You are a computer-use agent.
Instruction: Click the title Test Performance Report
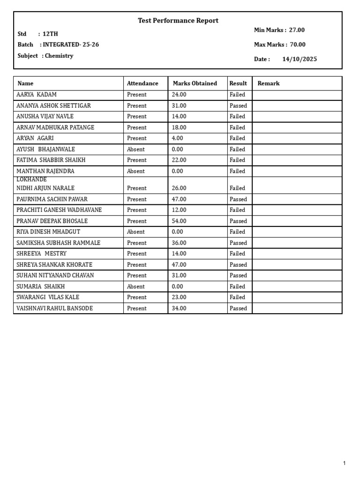point(178,21)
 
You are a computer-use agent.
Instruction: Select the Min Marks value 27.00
point(297,30)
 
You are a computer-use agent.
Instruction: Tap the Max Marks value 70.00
point(297,45)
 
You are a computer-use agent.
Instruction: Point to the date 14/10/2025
point(300,59)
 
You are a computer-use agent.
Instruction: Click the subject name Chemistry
point(59,56)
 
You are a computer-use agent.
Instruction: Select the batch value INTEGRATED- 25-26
point(71,45)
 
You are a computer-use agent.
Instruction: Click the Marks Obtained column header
point(195,83)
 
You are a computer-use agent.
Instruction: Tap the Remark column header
point(268,83)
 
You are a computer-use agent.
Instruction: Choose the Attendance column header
point(142,83)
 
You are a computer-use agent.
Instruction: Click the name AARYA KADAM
point(37,95)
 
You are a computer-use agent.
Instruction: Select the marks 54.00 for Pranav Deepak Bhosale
point(179,221)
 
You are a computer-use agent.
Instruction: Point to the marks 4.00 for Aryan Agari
point(178,138)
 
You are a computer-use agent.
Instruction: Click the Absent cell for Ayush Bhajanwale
point(136,150)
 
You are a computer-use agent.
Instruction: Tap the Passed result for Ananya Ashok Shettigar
point(238,106)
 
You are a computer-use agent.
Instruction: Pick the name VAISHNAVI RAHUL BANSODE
point(54,308)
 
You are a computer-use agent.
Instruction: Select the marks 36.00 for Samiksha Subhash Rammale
point(179,243)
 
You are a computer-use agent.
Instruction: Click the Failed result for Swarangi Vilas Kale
point(237,297)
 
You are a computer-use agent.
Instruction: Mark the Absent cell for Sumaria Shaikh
point(136,286)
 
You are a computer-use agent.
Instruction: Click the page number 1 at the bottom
point(345,464)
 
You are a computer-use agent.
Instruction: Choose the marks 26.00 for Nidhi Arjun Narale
point(179,188)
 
